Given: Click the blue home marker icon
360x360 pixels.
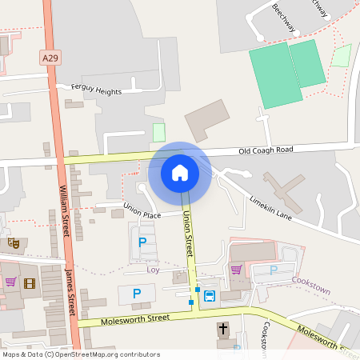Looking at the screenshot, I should tap(180, 173).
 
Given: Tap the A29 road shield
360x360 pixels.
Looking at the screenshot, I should tap(50, 58).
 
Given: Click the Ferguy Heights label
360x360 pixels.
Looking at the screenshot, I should tap(96, 91).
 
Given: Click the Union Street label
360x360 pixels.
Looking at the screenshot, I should tap(189, 230).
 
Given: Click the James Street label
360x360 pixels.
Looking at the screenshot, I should tap(70, 293).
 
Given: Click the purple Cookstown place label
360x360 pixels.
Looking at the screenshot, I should tap(310, 292).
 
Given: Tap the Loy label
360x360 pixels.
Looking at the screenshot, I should tap(154, 270).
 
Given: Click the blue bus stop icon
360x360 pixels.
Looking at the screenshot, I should tap(210, 296).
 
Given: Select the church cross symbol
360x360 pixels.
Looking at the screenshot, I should tap(222, 329).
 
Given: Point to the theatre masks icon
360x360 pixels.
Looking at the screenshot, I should tap(13, 242).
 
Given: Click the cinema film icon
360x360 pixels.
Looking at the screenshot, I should tap(30, 283).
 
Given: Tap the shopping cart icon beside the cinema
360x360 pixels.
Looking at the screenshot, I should tap(11, 282).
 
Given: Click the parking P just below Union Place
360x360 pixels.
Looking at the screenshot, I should tap(143, 242).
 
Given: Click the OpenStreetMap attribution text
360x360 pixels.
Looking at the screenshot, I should tap(80, 354).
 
